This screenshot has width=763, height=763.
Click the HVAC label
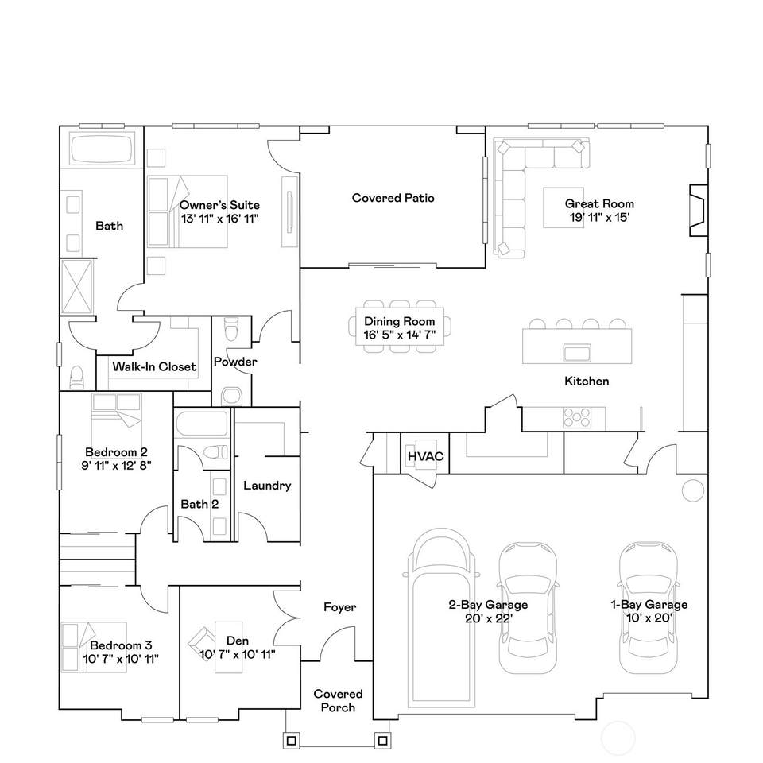pyautogui.click(x=424, y=457)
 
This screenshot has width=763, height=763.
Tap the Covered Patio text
pyautogui.click(x=393, y=198)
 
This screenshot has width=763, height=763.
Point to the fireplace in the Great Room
pyautogui.click(x=697, y=209)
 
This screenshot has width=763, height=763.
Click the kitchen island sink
pyautogui.click(x=575, y=351)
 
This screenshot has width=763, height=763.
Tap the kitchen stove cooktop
pyautogui.click(x=577, y=415)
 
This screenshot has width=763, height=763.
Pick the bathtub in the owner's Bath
pyautogui.click(x=101, y=149)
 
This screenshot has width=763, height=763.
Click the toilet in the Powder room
pyautogui.click(x=231, y=327)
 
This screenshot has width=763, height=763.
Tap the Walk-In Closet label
pyautogui.click(x=153, y=366)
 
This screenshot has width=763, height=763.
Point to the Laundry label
pyautogui.click(x=267, y=486)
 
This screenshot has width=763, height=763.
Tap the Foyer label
pyautogui.click(x=339, y=607)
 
